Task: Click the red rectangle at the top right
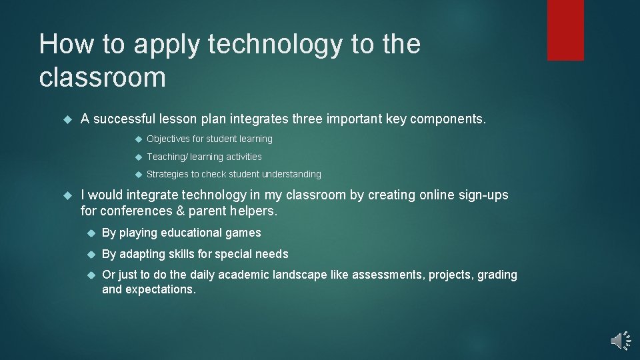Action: click(565, 30)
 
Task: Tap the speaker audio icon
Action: click(620, 341)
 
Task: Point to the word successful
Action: click(124, 119)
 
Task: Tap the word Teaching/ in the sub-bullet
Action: click(167, 157)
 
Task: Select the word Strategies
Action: click(167, 174)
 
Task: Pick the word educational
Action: click(190, 233)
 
